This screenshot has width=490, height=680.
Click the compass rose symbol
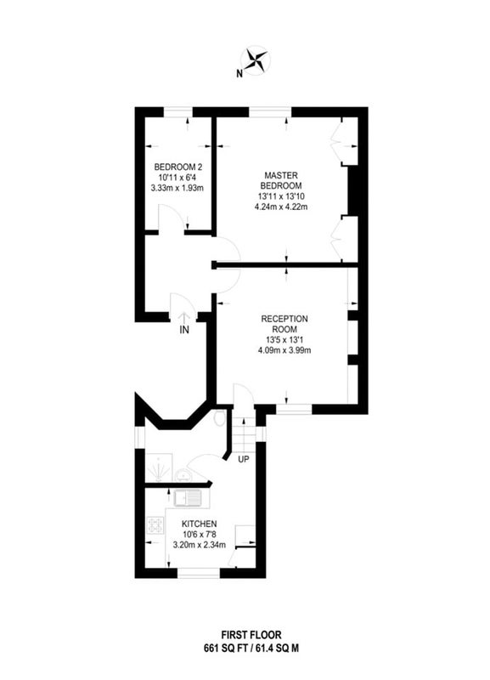[256, 60]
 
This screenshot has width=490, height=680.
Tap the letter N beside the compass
[239, 74]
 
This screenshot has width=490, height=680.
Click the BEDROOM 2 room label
[178, 167]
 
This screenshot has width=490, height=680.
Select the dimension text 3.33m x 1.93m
[177, 188]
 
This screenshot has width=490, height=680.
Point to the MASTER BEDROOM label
[281, 180]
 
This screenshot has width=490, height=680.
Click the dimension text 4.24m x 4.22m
[281, 207]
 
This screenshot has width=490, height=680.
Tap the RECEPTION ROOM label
[284, 324]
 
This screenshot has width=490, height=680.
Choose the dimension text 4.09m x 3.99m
[284, 350]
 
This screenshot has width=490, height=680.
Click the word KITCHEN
[200, 524]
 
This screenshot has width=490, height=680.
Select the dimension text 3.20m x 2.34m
[200, 545]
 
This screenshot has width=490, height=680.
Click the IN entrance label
[184, 330]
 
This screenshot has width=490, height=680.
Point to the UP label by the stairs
[244, 459]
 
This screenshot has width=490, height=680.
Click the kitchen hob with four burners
[155, 525]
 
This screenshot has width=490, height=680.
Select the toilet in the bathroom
[221, 418]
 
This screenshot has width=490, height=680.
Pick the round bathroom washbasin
[185, 476]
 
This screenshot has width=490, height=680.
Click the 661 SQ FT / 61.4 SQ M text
[251, 649]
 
